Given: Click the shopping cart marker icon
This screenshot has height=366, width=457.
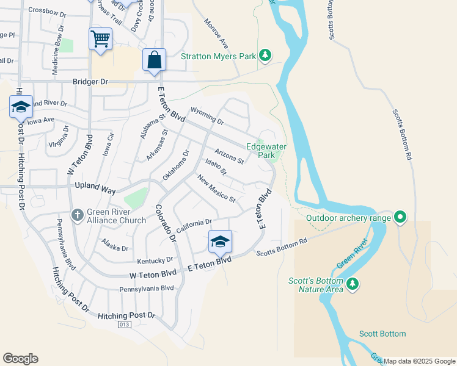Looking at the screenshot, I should pyautogui.click(x=100, y=40).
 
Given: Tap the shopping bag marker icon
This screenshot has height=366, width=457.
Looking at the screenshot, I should pyautogui.click(x=155, y=60).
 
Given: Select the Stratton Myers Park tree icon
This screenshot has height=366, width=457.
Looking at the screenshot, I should pyautogui.click(x=265, y=56).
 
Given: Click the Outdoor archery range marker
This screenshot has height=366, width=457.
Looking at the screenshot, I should pyautogui.click(x=400, y=217).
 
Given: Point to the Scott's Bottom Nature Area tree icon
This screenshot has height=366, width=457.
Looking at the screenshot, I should pyautogui.click(x=352, y=283).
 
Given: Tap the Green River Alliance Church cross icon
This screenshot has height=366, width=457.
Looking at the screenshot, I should pyautogui.click(x=78, y=215).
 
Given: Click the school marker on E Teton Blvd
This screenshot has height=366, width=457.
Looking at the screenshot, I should pyautogui.click(x=220, y=242).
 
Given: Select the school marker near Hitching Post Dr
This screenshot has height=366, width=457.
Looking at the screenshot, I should pyautogui.click(x=21, y=107).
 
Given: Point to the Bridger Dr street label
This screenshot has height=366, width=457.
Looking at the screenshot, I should pyautogui.click(x=90, y=81).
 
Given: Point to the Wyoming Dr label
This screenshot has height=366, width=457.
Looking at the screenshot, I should pyautogui.click(x=208, y=115).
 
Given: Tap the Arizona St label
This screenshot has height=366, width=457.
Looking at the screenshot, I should pyautogui.click(x=229, y=156).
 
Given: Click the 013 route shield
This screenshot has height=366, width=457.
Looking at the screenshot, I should pyautogui.click(x=125, y=325).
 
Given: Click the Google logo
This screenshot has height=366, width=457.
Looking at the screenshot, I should pyautogui.click(x=20, y=359).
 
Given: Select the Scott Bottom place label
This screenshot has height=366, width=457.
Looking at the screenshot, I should pyautogui.click(x=382, y=334).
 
